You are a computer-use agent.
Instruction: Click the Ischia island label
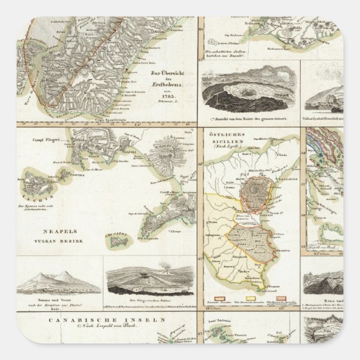[35, 197]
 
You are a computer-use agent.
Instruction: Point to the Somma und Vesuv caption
[59, 297]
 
